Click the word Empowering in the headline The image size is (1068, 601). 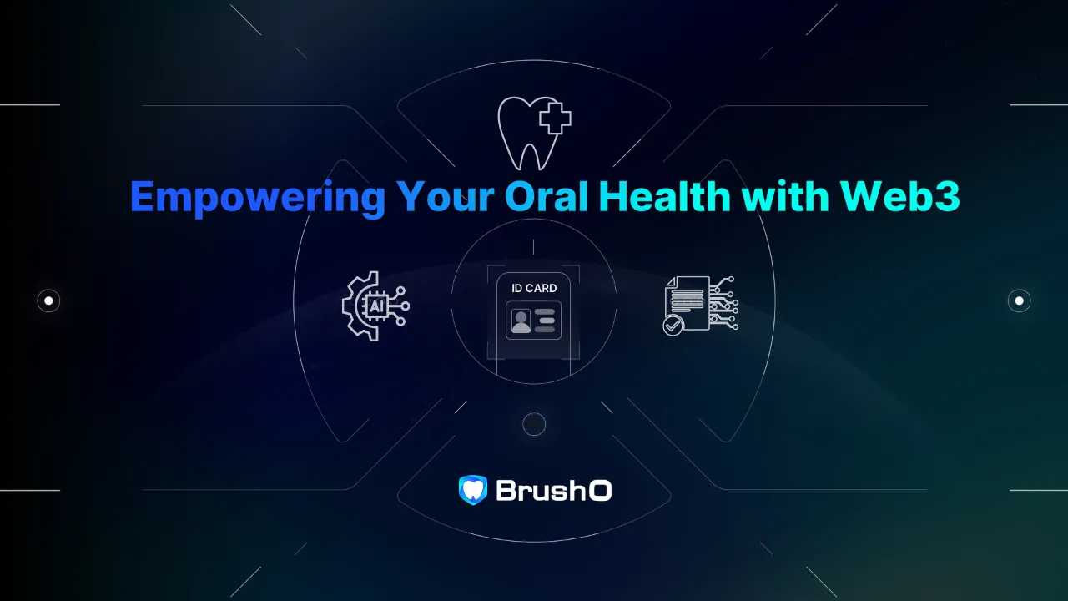pos(258,198)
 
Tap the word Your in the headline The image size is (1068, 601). pos(446,196)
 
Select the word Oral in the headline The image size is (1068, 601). pos(547,196)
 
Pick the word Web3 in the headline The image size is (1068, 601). pos(900,196)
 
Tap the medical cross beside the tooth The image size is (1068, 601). pos(555,118)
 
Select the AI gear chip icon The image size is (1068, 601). pos(375,306)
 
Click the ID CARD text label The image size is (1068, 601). pos(534,288)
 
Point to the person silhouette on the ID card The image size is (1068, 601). pos(521,321)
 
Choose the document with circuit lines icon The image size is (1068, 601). pos(701,306)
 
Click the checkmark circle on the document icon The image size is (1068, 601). pos(673,326)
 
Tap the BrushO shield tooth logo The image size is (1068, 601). pos(473,490)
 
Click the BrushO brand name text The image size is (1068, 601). pos(554,490)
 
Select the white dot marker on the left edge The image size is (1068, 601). pos(48,301)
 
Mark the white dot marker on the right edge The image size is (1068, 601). pos(1020,301)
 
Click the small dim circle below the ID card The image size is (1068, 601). pos(534,424)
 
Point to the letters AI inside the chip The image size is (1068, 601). pos(376,306)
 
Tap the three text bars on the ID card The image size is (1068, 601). pos(545,321)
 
